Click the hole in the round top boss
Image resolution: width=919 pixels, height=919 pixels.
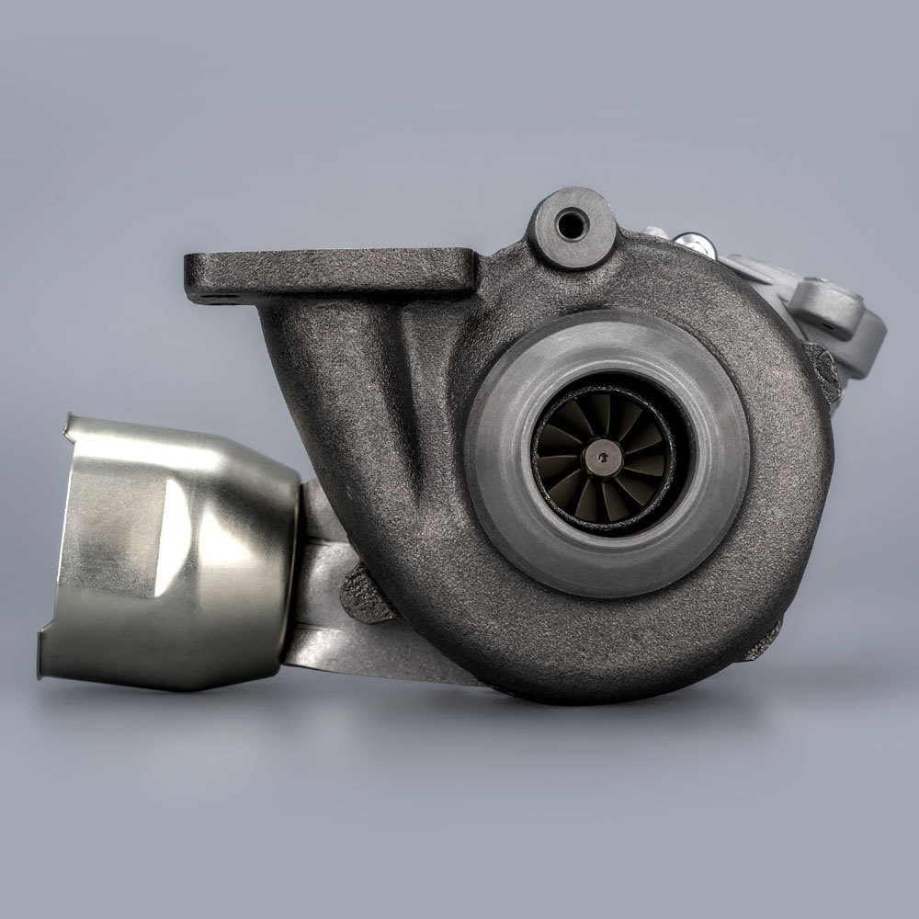[x=571, y=221]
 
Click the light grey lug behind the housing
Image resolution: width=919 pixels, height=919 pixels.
[x=832, y=308]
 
